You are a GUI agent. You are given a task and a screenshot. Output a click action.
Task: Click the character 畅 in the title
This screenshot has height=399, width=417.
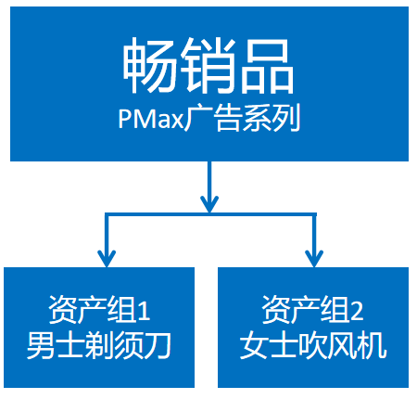point(150,65)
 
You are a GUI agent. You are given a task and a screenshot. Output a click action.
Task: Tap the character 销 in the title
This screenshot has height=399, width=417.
point(206,65)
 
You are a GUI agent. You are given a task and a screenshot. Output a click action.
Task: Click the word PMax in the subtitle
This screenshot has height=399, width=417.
point(151,119)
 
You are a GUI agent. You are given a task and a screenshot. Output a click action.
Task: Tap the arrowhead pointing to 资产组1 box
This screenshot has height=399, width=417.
point(107,258)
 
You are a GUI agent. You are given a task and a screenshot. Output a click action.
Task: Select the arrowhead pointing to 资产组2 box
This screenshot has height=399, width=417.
point(314,258)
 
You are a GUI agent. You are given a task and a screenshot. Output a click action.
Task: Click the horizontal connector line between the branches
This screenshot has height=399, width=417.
point(210,214)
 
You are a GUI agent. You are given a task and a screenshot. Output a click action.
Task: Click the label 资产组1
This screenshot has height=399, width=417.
point(99,310)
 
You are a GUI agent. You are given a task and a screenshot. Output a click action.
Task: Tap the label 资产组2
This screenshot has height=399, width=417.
point(312,310)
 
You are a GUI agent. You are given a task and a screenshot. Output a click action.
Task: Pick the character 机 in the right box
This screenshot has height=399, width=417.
point(372,345)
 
